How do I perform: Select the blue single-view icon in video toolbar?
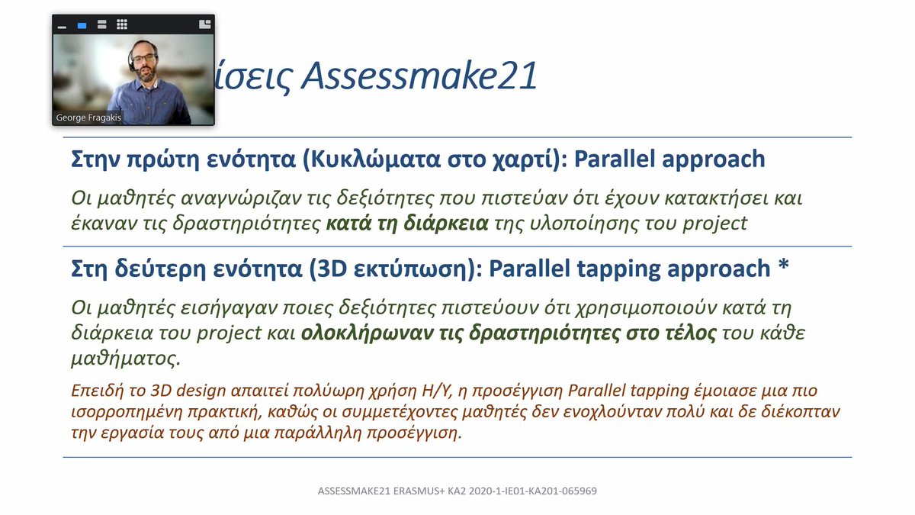point(82,25)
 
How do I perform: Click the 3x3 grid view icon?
point(122,24)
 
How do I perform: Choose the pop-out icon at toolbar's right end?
point(204,24)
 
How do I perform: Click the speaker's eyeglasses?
point(143,59)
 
